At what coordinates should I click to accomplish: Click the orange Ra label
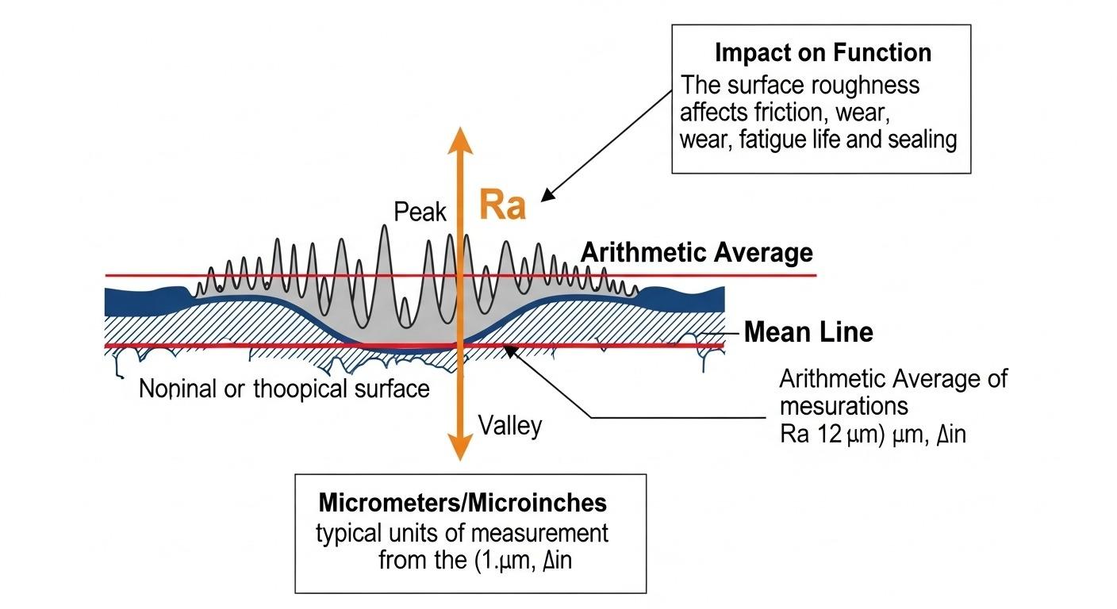point(503,206)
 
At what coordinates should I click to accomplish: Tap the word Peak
point(420,212)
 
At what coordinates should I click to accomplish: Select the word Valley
point(510,427)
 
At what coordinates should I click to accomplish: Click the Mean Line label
point(808,332)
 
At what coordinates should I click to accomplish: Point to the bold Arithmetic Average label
point(697,253)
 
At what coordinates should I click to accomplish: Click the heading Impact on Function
point(823,53)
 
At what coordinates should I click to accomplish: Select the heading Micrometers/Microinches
point(463,503)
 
